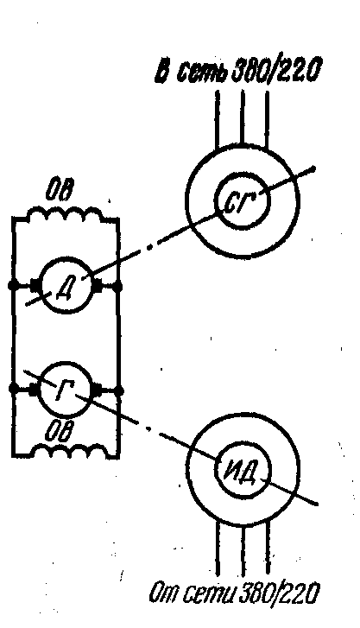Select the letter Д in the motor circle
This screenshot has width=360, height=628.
coord(64,287)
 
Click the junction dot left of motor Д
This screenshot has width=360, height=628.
coord(12,286)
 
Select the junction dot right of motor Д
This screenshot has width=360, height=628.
coord(117,287)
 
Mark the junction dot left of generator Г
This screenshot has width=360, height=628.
coord(13,388)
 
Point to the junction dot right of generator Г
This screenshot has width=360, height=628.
coord(118,390)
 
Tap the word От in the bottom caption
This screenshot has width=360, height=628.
coord(162,594)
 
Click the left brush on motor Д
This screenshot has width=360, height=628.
coord(34,286)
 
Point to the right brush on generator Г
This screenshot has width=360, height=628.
coord(98,390)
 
